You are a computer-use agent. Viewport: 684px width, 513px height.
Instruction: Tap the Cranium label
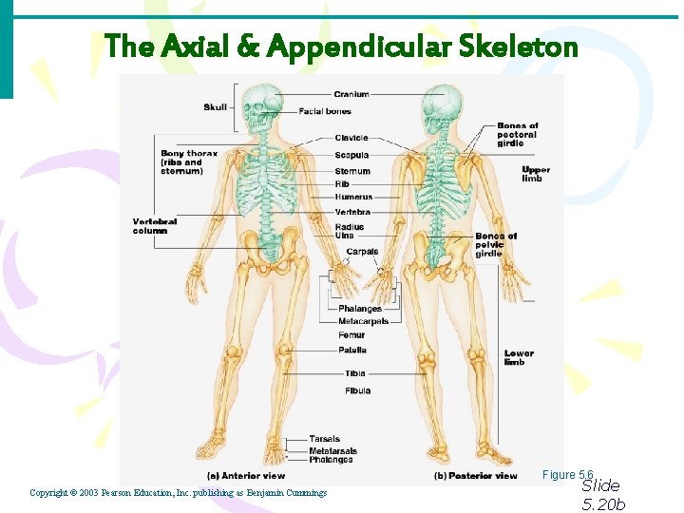(x=351, y=94)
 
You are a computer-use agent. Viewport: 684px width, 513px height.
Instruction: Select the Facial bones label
(x=325, y=111)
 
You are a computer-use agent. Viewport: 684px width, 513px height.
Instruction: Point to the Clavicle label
(x=351, y=138)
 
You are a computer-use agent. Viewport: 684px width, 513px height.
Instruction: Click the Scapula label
(x=351, y=155)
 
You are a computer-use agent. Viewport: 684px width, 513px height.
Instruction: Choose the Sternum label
(x=352, y=172)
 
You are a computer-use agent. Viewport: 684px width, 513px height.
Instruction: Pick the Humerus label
(x=353, y=197)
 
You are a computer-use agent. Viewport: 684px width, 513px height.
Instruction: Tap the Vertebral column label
(x=155, y=226)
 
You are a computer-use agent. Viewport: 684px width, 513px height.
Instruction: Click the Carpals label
(x=362, y=252)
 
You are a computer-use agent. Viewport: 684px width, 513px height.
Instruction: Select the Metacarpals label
(x=363, y=321)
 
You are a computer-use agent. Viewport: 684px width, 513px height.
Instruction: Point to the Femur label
(x=351, y=335)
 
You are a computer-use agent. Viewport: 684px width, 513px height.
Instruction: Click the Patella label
(x=352, y=351)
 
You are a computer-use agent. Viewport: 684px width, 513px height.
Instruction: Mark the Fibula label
(x=358, y=390)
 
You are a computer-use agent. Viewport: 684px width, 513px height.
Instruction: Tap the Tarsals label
(x=324, y=439)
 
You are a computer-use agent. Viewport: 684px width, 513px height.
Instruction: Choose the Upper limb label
(x=536, y=174)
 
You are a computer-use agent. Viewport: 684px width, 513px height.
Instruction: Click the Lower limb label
(x=519, y=357)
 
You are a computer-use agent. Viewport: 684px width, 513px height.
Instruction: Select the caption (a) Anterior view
(x=246, y=475)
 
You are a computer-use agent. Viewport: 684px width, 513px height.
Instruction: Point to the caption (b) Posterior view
(x=476, y=475)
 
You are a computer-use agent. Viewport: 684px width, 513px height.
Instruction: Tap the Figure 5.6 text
(x=568, y=474)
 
